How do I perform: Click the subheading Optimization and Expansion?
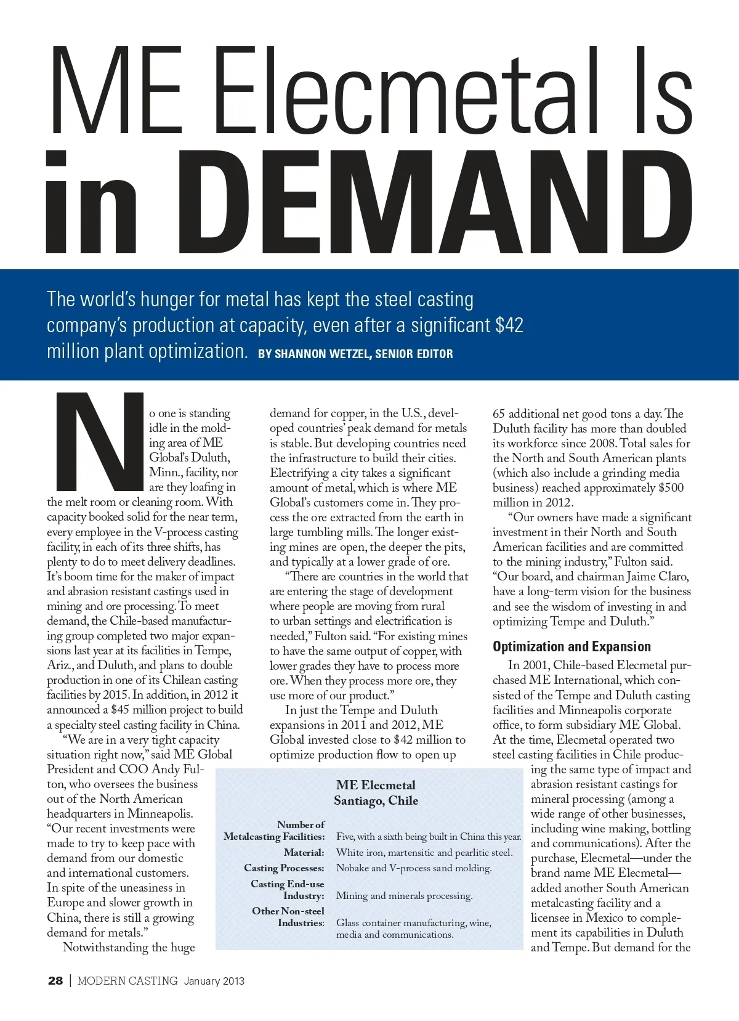coord(571,646)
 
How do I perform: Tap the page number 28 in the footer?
coord(55,981)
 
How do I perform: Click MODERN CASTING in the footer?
coord(127,981)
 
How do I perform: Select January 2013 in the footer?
coord(214,981)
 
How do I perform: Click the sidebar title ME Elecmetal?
coord(376,785)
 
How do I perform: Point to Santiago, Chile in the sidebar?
coord(376,800)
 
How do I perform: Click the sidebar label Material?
coord(304,853)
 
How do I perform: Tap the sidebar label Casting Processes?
coord(284,868)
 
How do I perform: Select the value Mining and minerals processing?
coord(405,896)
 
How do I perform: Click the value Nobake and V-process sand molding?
coord(414,868)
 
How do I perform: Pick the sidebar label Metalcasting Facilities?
coord(274,837)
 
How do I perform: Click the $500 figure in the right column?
coord(671,488)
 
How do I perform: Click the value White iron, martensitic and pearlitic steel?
coord(424,853)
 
